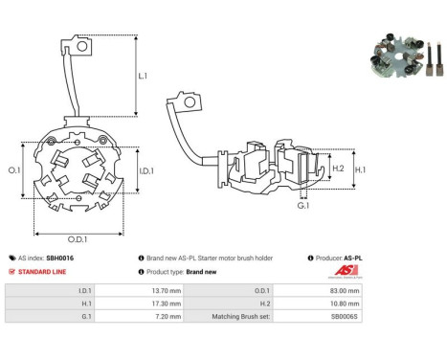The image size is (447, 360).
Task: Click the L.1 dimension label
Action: click(x=143, y=76)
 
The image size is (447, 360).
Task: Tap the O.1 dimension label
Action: click(x=14, y=170)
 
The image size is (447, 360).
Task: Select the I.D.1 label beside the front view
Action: click(x=146, y=171)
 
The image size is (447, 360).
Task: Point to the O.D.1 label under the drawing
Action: click(x=78, y=239)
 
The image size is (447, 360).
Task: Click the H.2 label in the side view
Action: click(x=338, y=169)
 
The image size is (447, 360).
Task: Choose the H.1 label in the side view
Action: click(x=360, y=169)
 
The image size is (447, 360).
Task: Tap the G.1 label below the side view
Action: click(x=303, y=206)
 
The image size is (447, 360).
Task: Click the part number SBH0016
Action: click(x=60, y=259)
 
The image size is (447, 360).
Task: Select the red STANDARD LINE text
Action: click(x=42, y=272)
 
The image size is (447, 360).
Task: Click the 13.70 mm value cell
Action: click(x=139, y=290)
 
